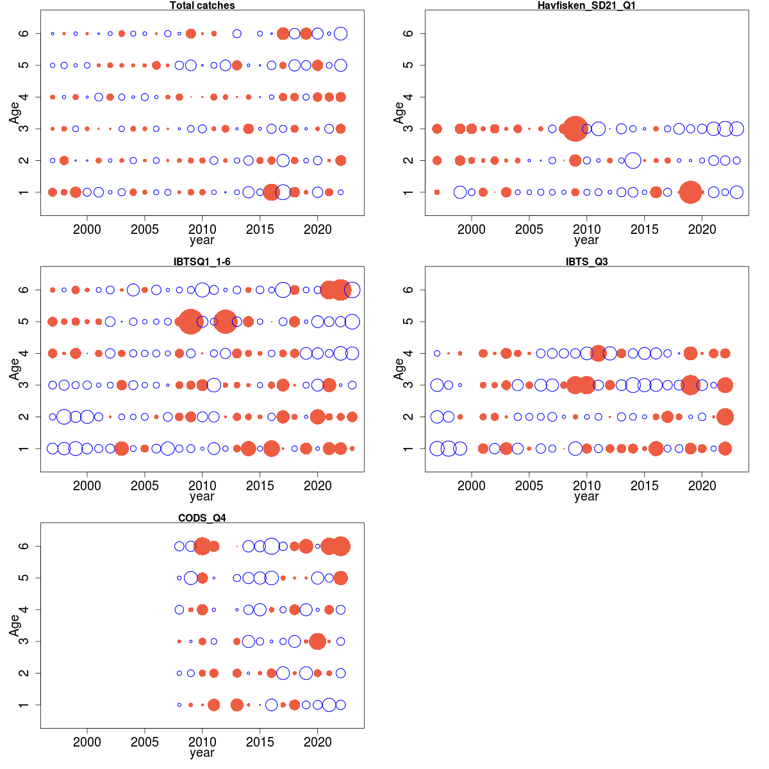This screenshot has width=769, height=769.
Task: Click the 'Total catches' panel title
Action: point(202,6)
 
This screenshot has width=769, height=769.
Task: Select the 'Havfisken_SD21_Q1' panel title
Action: point(586,6)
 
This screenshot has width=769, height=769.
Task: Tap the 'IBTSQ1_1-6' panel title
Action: point(202,261)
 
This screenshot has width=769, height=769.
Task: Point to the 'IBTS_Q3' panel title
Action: point(586,261)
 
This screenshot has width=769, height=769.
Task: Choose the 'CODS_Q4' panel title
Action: point(202,518)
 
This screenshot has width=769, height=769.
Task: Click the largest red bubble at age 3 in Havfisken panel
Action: point(575,129)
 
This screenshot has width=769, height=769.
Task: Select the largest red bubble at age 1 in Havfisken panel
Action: point(690,192)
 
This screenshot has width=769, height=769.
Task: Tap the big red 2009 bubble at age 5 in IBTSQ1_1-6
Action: point(190,321)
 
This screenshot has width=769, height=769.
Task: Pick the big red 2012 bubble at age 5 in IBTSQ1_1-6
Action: point(225,321)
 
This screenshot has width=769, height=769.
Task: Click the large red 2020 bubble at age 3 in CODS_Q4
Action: point(317,641)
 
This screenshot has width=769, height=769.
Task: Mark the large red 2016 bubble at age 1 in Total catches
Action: point(271,192)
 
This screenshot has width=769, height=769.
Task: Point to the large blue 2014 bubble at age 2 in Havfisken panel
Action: point(633,160)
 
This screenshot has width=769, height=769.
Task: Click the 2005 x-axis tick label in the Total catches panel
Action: point(144,229)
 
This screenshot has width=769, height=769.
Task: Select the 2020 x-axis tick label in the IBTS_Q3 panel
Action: point(702,486)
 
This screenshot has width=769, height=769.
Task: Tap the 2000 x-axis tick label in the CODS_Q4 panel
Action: point(87,742)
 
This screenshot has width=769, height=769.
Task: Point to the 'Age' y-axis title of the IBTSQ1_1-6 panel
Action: point(14,369)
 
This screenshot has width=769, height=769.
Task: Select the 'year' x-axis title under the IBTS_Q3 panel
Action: point(586,497)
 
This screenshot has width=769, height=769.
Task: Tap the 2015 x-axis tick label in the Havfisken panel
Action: point(644,229)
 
